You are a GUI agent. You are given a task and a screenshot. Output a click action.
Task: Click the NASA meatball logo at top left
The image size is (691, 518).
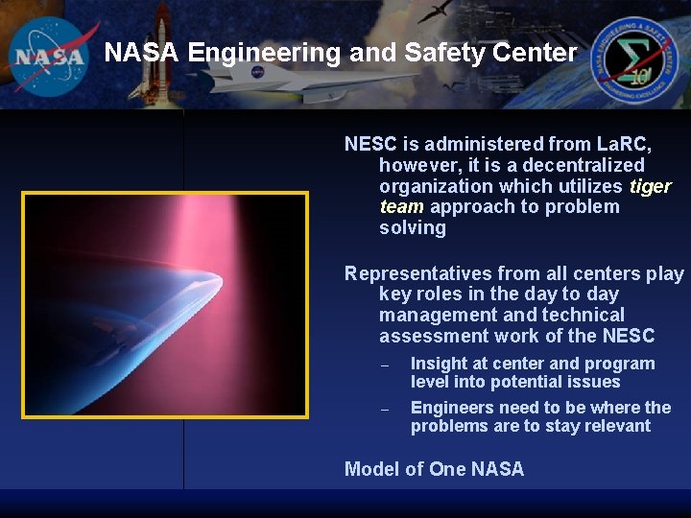pyautogui.click(x=50, y=54)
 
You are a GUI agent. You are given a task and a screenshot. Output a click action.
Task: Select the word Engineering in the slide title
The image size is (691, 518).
pyautogui.click(x=263, y=53)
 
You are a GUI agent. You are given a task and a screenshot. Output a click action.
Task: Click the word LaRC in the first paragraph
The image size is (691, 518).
pyautogui.click(x=623, y=144)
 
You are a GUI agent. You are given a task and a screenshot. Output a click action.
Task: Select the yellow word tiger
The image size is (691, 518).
pyautogui.click(x=650, y=186)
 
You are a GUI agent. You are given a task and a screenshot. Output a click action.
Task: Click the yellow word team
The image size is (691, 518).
pyautogui.click(x=401, y=207)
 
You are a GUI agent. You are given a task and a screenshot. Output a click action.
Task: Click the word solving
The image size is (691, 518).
pyautogui.click(x=413, y=228)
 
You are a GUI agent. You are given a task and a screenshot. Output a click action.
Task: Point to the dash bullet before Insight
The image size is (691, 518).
pyautogui.click(x=384, y=365)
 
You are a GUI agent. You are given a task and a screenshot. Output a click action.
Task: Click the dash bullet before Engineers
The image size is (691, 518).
pyautogui.click(x=384, y=410)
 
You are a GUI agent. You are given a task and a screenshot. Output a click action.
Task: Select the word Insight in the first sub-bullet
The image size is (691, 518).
pyautogui.click(x=440, y=364)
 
